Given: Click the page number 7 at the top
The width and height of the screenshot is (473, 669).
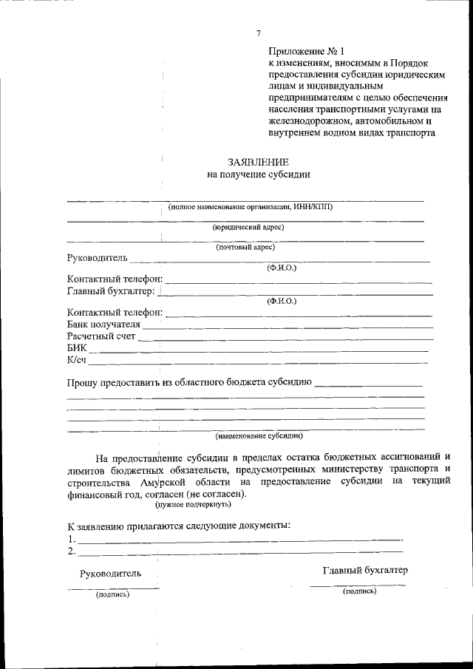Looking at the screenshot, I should click(x=258, y=33).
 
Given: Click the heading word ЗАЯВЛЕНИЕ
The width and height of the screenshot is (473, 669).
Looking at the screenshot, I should click(x=258, y=162).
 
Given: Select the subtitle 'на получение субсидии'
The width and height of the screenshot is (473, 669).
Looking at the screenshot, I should click(x=258, y=175).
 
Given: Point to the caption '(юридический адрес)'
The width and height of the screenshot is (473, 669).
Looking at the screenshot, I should click(x=248, y=228).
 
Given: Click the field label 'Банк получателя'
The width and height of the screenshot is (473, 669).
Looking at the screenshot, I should click(x=103, y=324).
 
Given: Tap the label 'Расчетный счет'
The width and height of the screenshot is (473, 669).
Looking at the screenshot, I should click(x=101, y=336).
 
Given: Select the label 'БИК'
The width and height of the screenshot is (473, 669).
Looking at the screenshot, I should click(x=76, y=348).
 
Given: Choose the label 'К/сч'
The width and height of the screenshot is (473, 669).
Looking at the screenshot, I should click(x=77, y=360).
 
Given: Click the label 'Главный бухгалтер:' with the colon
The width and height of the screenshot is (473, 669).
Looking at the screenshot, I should click(x=111, y=291).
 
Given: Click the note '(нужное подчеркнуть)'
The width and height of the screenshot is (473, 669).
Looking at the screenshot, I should click(x=193, y=505).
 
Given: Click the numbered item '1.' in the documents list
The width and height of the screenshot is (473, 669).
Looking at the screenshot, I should click(x=71, y=540).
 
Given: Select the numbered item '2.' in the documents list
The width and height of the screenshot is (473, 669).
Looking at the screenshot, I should click(x=71, y=551).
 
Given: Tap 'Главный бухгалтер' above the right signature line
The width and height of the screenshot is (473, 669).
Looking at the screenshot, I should click(x=365, y=570).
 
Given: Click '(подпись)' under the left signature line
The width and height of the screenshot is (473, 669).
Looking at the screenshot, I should click(x=112, y=594).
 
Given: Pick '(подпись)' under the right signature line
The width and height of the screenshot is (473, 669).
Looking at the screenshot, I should click(x=360, y=591).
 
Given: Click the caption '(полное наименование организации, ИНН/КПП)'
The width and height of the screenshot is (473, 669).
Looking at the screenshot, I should click(x=251, y=207).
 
